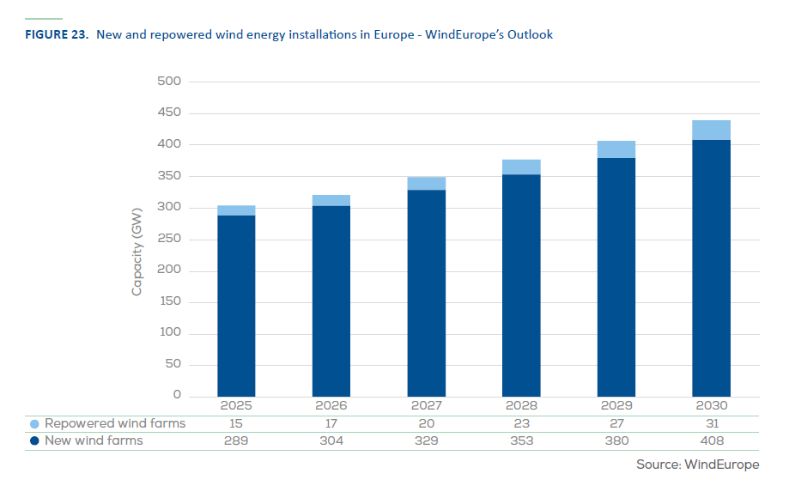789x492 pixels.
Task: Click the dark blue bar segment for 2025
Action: pyautogui.click(x=236, y=305)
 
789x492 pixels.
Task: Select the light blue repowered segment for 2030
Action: pyautogui.click(x=711, y=130)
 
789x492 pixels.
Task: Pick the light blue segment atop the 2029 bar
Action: pyautogui.click(x=616, y=149)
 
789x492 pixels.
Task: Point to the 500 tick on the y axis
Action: pyautogui.click(x=169, y=82)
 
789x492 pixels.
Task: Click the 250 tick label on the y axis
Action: pyautogui.click(x=169, y=240)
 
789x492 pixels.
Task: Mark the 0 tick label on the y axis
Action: pyautogui.click(x=177, y=396)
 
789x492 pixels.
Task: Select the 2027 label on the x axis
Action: pyautogui.click(x=427, y=405)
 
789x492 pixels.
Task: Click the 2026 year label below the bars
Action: pyautogui.click(x=331, y=405)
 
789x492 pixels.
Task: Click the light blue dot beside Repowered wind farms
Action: pyautogui.click(x=34, y=424)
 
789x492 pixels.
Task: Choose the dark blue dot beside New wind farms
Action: pyautogui.click(x=34, y=441)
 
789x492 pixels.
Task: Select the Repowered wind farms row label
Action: pyautogui.click(x=115, y=423)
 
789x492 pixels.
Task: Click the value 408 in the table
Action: pyautogui.click(x=712, y=441)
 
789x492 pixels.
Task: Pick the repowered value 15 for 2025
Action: pyautogui.click(x=236, y=424)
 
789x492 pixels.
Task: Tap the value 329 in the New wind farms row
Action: pyautogui.click(x=427, y=441)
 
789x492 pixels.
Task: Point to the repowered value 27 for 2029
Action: pyautogui.click(x=616, y=424)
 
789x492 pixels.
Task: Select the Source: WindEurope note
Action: pyautogui.click(x=697, y=465)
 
